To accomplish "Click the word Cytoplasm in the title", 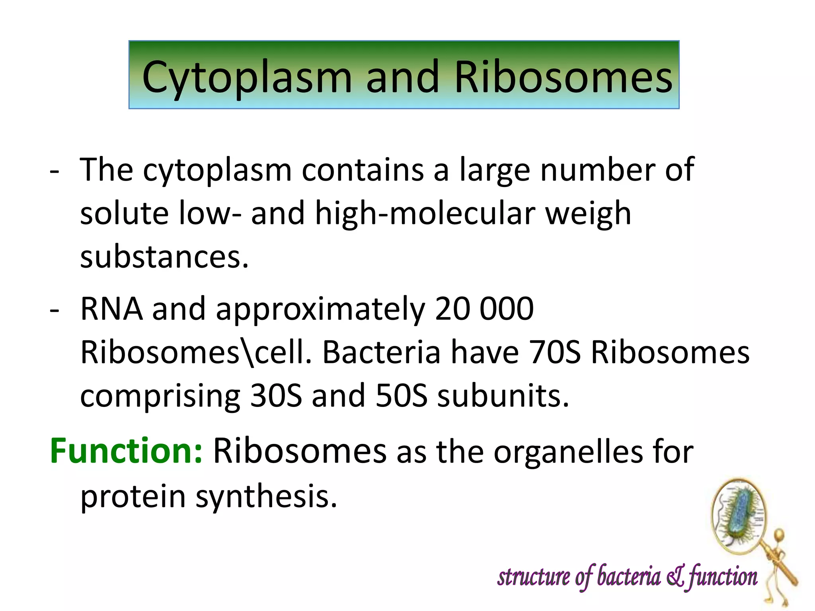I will click(x=247, y=78).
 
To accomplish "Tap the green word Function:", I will click(x=126, y=451).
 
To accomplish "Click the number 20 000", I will click(x=484, y=309).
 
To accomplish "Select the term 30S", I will click(x=276, y=396).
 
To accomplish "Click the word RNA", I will click(x=111, y=309).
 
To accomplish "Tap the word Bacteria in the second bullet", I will click(x=381, y=353).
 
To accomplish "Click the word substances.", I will click(x=164, y=257).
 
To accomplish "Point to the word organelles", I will click(x=568, y=452).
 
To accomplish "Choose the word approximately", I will click(x=320, y=310).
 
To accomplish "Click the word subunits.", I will click(x=503, y=396).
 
